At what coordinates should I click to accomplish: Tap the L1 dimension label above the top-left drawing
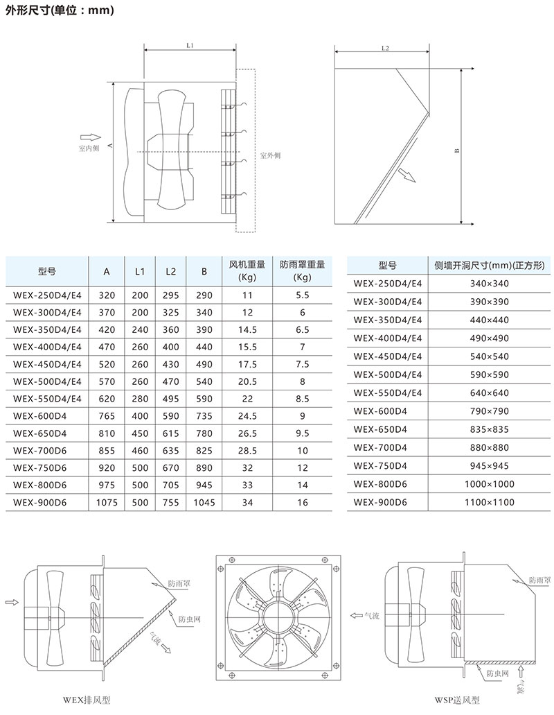click(190, 44)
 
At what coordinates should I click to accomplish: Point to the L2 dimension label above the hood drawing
click(385, 49)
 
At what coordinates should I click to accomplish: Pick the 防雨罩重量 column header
click(302, 270)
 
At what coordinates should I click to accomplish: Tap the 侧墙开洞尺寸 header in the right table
click(490, 266)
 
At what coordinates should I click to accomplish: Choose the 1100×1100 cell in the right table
click(490, 500)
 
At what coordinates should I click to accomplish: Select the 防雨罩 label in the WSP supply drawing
click(539, 580)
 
